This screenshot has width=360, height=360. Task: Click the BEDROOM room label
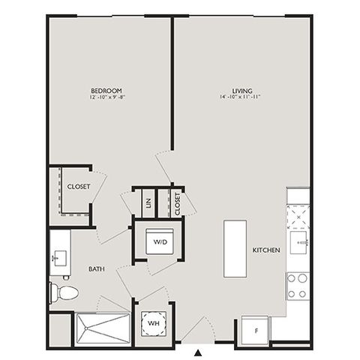pyautogui.click(x=106, y=91)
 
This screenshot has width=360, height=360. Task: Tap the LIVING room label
pyautogui.click(x=242, y=91)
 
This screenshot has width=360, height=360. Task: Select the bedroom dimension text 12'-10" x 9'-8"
pyautogui.click(x=107, y=97)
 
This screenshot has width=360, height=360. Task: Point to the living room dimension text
pyautogui.click(x=240, y=97)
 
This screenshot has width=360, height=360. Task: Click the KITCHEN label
pyautogui.click(x=266, y=250)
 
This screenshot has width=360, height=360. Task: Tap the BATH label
pyautogui.click(x=97, y=269)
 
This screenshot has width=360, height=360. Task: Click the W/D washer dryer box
pyautogui.click(x=160, y=241)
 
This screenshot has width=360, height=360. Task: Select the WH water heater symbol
pyautogui.click(x=154, y=323)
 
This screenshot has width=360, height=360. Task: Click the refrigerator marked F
pyautogui.click(x=255, y=331)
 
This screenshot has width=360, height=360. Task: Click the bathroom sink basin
pyautogui.click(x=59, y=258)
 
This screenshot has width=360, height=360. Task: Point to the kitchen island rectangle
pyautogui.click(x=235, y=248)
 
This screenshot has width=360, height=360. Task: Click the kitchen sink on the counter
pyautogui.click(x=299, y=242)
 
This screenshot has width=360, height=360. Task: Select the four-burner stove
pyautogui.click(x=298, y=286)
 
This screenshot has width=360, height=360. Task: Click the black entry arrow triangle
pyautogui.click(x=198, y=352)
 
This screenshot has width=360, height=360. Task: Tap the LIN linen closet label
pyautogui.click(x=148, y=203)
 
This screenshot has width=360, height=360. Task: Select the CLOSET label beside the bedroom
pyautogui.click(x=79, y=187)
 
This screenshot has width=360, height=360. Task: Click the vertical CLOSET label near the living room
pyautogui.click(x=177, y=204)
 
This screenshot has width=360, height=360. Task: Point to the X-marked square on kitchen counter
pyautogui.click(x=298, y=217)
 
